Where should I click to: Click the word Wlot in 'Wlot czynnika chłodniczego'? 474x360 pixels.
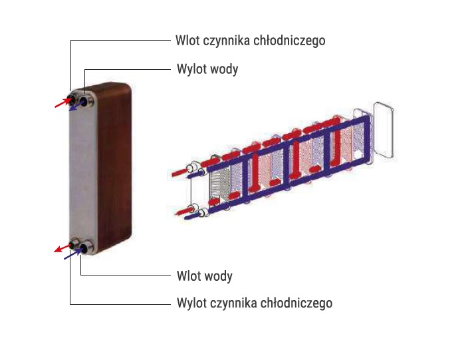[187, 41]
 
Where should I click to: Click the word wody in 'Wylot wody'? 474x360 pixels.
[226, 69]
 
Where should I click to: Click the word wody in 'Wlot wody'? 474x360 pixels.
[220, 275]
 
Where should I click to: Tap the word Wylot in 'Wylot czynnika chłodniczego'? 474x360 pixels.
[192, 303]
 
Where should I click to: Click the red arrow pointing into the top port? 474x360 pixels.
[60, 102]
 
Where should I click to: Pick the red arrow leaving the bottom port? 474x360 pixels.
[61, 248]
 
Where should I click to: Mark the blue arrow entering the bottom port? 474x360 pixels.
[72, 254]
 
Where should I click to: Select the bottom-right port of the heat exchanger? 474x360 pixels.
[84, 250]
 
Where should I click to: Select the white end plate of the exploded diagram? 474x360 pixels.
[385, 130]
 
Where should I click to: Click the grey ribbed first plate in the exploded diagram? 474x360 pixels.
[220, 183]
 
